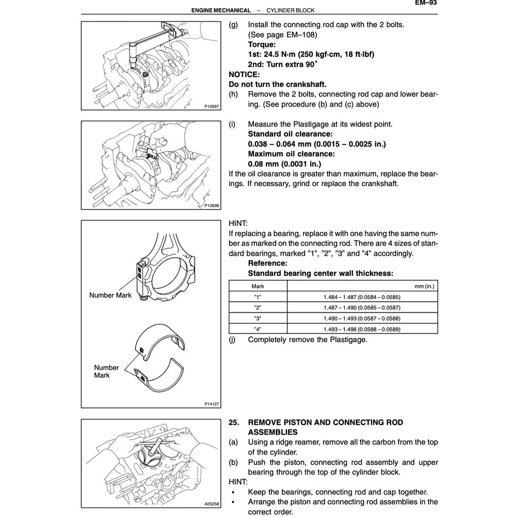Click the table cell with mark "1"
coord(258,297)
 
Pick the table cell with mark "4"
coord(258,329)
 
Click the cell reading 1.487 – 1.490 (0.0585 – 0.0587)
coord(362,307)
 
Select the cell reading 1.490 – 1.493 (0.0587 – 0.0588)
coord(362,318)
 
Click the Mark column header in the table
coord(258,286)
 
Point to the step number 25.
coord(235,423)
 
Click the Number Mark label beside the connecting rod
coord(110,295)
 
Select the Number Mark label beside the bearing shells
coord(106,371)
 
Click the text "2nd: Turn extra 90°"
coord(282,64)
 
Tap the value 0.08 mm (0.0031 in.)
coord(284,164)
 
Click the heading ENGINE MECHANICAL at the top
coord(221,10)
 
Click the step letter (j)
coord(233,339)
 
